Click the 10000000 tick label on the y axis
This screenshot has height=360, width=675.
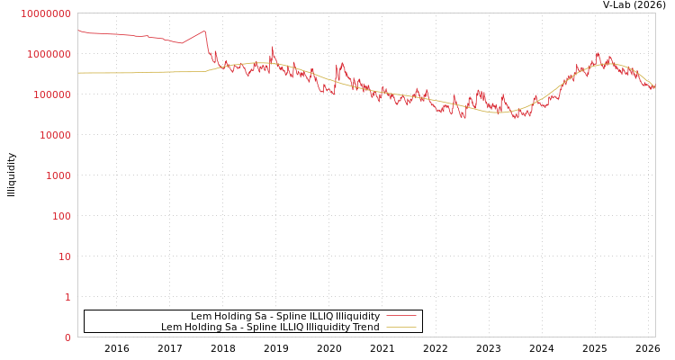[x=46, y=13]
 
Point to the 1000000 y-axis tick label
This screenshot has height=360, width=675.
[x=49, y=54]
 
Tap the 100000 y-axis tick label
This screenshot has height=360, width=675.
[x=51, y=94]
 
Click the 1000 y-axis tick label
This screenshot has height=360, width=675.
[x=58, y=175]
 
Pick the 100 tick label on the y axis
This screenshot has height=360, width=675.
[x=60, y=216]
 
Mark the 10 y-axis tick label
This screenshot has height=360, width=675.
[x=64, y=256]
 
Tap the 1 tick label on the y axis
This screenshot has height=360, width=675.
[x=67, y=297]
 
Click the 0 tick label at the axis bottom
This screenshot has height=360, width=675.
[x=67, y=337]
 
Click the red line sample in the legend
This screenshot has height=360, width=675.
[x=401, y=316]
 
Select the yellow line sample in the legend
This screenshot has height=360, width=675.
[x=401, y=327]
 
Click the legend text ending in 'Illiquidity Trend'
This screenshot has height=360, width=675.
[x=270, y=327]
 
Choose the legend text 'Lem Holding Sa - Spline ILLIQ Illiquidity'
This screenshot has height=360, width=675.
[x=284, y=316]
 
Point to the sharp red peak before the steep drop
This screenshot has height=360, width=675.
[x=205, y=31]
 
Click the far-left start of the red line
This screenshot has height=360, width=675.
[x=78, y=31]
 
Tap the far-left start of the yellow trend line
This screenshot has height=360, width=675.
[x=78, y=73]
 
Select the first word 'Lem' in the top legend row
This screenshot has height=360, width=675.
[x=200, y=316]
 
